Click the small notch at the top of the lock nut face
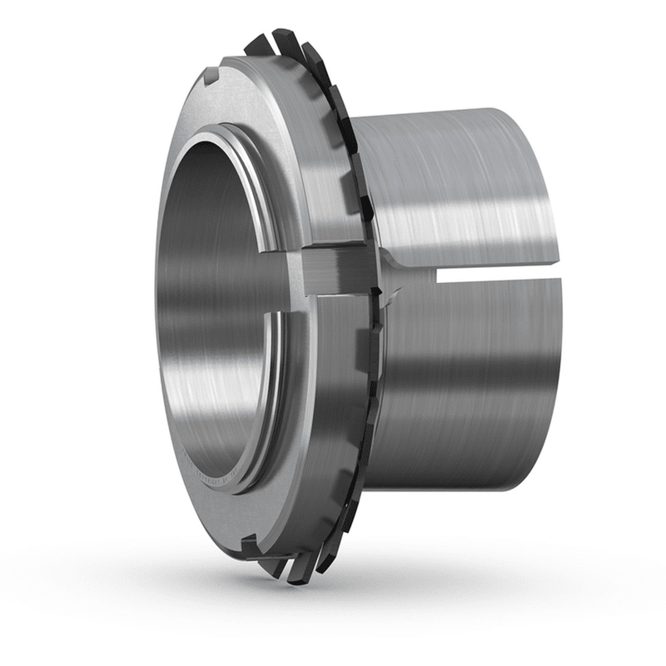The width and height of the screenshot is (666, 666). click(210, 77)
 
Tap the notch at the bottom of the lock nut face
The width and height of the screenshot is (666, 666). click(249, 545)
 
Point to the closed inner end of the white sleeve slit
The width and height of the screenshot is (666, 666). click(439, 275)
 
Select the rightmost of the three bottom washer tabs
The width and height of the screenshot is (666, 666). click(321, 562)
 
